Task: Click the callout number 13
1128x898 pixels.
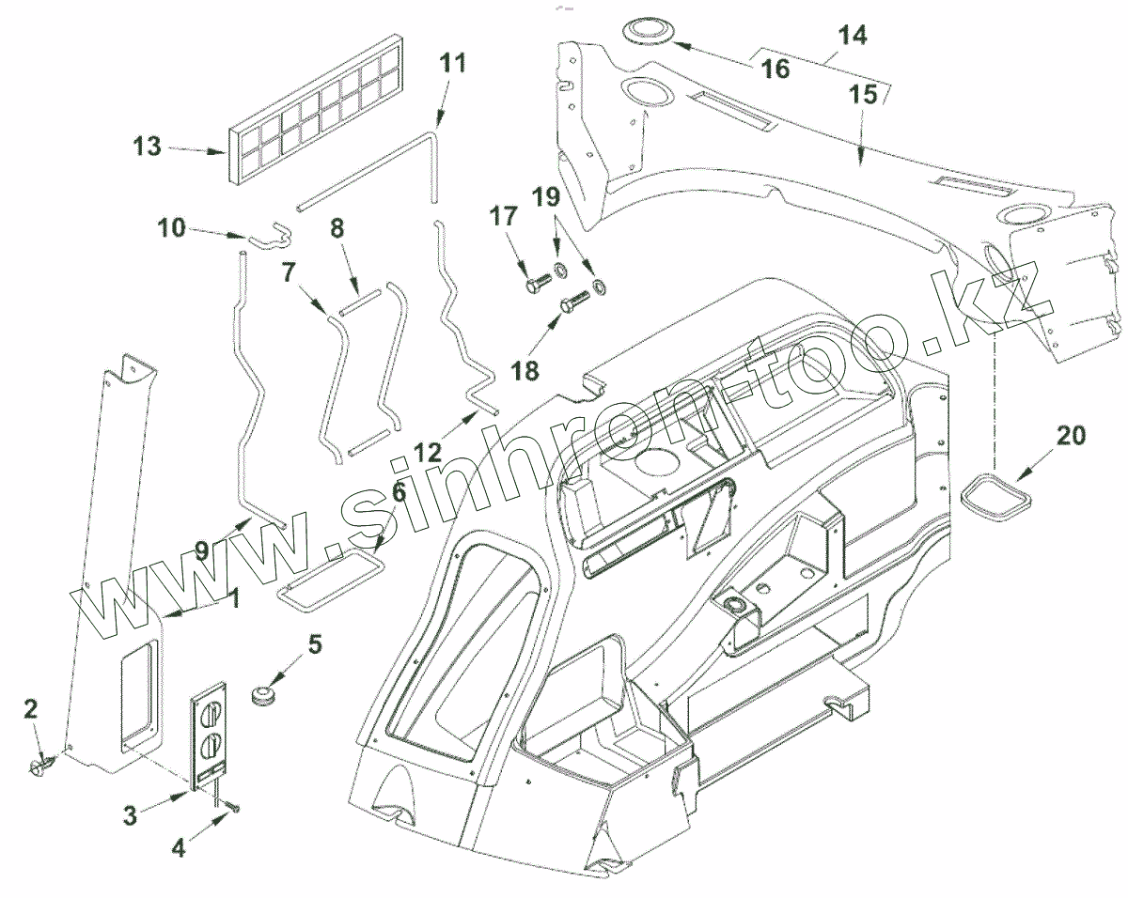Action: (x=147, y=147)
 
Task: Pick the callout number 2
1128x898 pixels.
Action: (x=31, y=709)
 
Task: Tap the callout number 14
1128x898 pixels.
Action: (x=853, y=36)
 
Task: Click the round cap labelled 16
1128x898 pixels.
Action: (x=648, y=31)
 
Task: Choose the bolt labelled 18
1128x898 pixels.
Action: (x=574, y=303)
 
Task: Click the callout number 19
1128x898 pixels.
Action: (x=547, y=197)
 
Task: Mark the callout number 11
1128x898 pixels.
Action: (x=452, y=64)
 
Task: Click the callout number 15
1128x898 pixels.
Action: (x=864, y=94)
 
